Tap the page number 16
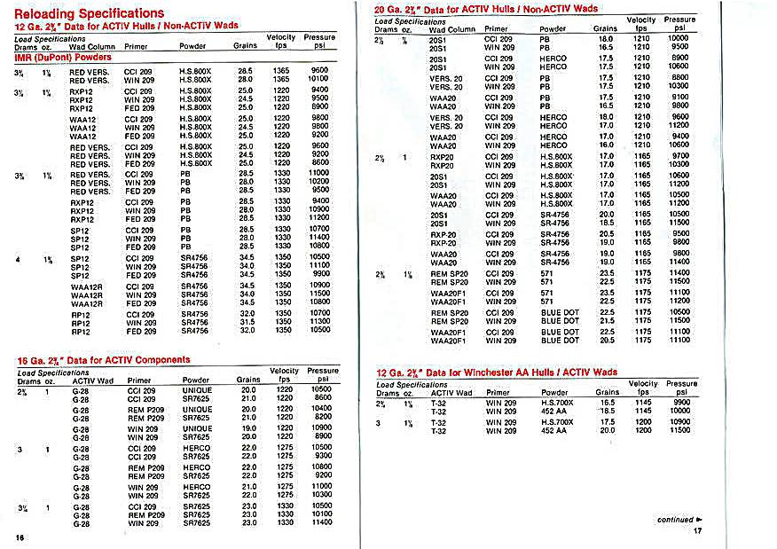[19, 537]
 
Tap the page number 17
[696, 531]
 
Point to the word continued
[673, 520]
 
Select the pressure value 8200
[322, 416]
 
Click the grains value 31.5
[247, 322]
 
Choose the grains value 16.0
[607, 145]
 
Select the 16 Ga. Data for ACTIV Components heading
[104, 360]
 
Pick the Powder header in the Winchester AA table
[554, 393]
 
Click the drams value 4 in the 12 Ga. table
[19, 258]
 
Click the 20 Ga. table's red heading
[487, 9]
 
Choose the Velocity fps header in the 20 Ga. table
[640, 24]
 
